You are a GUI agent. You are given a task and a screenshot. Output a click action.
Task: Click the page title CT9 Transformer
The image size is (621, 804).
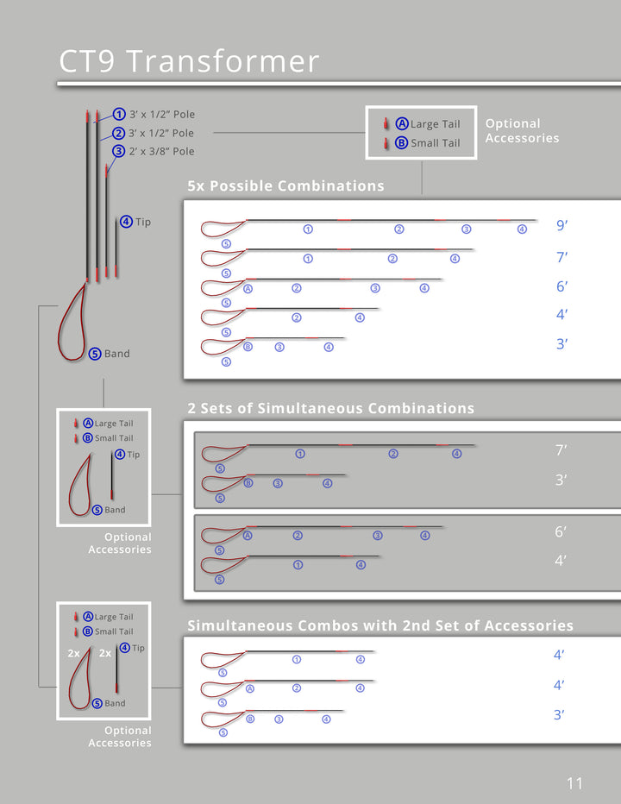[x=189, y=61]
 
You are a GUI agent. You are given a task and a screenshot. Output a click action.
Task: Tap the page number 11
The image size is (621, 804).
[x=574, y=783]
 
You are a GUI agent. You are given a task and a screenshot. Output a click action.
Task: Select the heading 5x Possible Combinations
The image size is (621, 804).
[x=285, y=186]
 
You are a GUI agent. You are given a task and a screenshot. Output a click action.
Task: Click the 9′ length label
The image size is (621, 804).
[x=562, y=226]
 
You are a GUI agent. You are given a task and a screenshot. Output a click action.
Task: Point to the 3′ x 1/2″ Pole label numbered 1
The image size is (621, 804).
[x=161, y=114]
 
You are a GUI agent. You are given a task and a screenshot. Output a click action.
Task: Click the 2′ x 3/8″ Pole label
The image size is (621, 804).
[x=161, y=151]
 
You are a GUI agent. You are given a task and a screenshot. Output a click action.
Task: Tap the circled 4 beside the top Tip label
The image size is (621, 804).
[x=126, y=222]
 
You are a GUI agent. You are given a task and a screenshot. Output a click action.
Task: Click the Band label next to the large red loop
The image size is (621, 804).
[x=116, y=354]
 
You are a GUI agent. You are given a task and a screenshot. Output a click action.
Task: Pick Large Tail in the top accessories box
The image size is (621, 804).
[x=435, y=124]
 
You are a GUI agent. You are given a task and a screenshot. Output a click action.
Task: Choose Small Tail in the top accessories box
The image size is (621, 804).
[x=435, y=143]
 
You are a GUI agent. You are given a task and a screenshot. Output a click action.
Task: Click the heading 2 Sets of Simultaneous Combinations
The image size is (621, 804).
[x=330, y=408]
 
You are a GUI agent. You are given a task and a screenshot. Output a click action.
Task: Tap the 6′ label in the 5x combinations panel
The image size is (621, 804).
[x=562, y=287]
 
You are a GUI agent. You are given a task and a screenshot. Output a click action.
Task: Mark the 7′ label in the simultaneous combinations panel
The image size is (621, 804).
[x=561, y=449]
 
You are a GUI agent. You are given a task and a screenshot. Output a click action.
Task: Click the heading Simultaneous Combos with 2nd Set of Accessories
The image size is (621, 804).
[x=380, y=625]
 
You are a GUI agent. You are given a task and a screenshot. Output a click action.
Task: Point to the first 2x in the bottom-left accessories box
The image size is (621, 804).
[x=74, y=654]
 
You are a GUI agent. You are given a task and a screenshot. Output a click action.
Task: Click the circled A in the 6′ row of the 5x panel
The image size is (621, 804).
[x=248, y=288]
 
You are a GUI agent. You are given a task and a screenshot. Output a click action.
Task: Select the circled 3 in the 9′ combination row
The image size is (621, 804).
[x=466, y=229]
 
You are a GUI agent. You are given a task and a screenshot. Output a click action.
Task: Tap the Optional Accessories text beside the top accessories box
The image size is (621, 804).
[x=522, y=131]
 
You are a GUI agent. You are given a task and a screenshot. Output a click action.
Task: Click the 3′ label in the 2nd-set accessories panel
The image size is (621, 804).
[x=560, y=715]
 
